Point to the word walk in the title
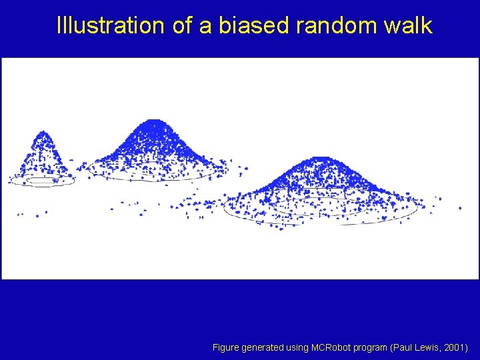tap(409, 26)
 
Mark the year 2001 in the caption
tap(456, 348)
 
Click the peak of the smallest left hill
tap(44, 133)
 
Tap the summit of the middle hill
tap(154, 122)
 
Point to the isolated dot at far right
tap(460, 208)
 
